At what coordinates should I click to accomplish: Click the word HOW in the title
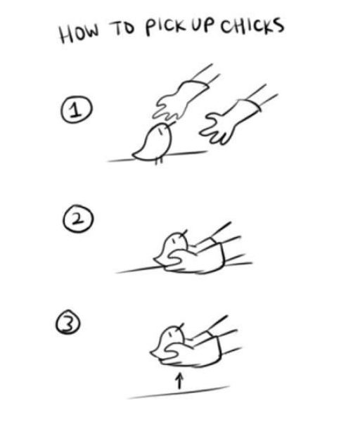pos(79,33)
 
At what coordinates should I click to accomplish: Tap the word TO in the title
pos(122,29)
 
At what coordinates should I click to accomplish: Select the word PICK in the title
pos(165,27)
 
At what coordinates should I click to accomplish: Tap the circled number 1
pos(76,110)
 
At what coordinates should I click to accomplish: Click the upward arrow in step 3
pos(180,381)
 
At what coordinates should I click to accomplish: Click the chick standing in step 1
pos(154,143)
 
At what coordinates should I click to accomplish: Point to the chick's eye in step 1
pos(160,132)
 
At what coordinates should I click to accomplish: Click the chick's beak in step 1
pos(171,124)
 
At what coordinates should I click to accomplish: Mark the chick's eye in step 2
pos(174,240)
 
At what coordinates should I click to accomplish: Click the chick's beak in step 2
pos(184,233)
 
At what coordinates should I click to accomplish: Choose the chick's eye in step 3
pos(171,334)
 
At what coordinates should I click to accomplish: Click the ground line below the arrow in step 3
pos(179,392)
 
